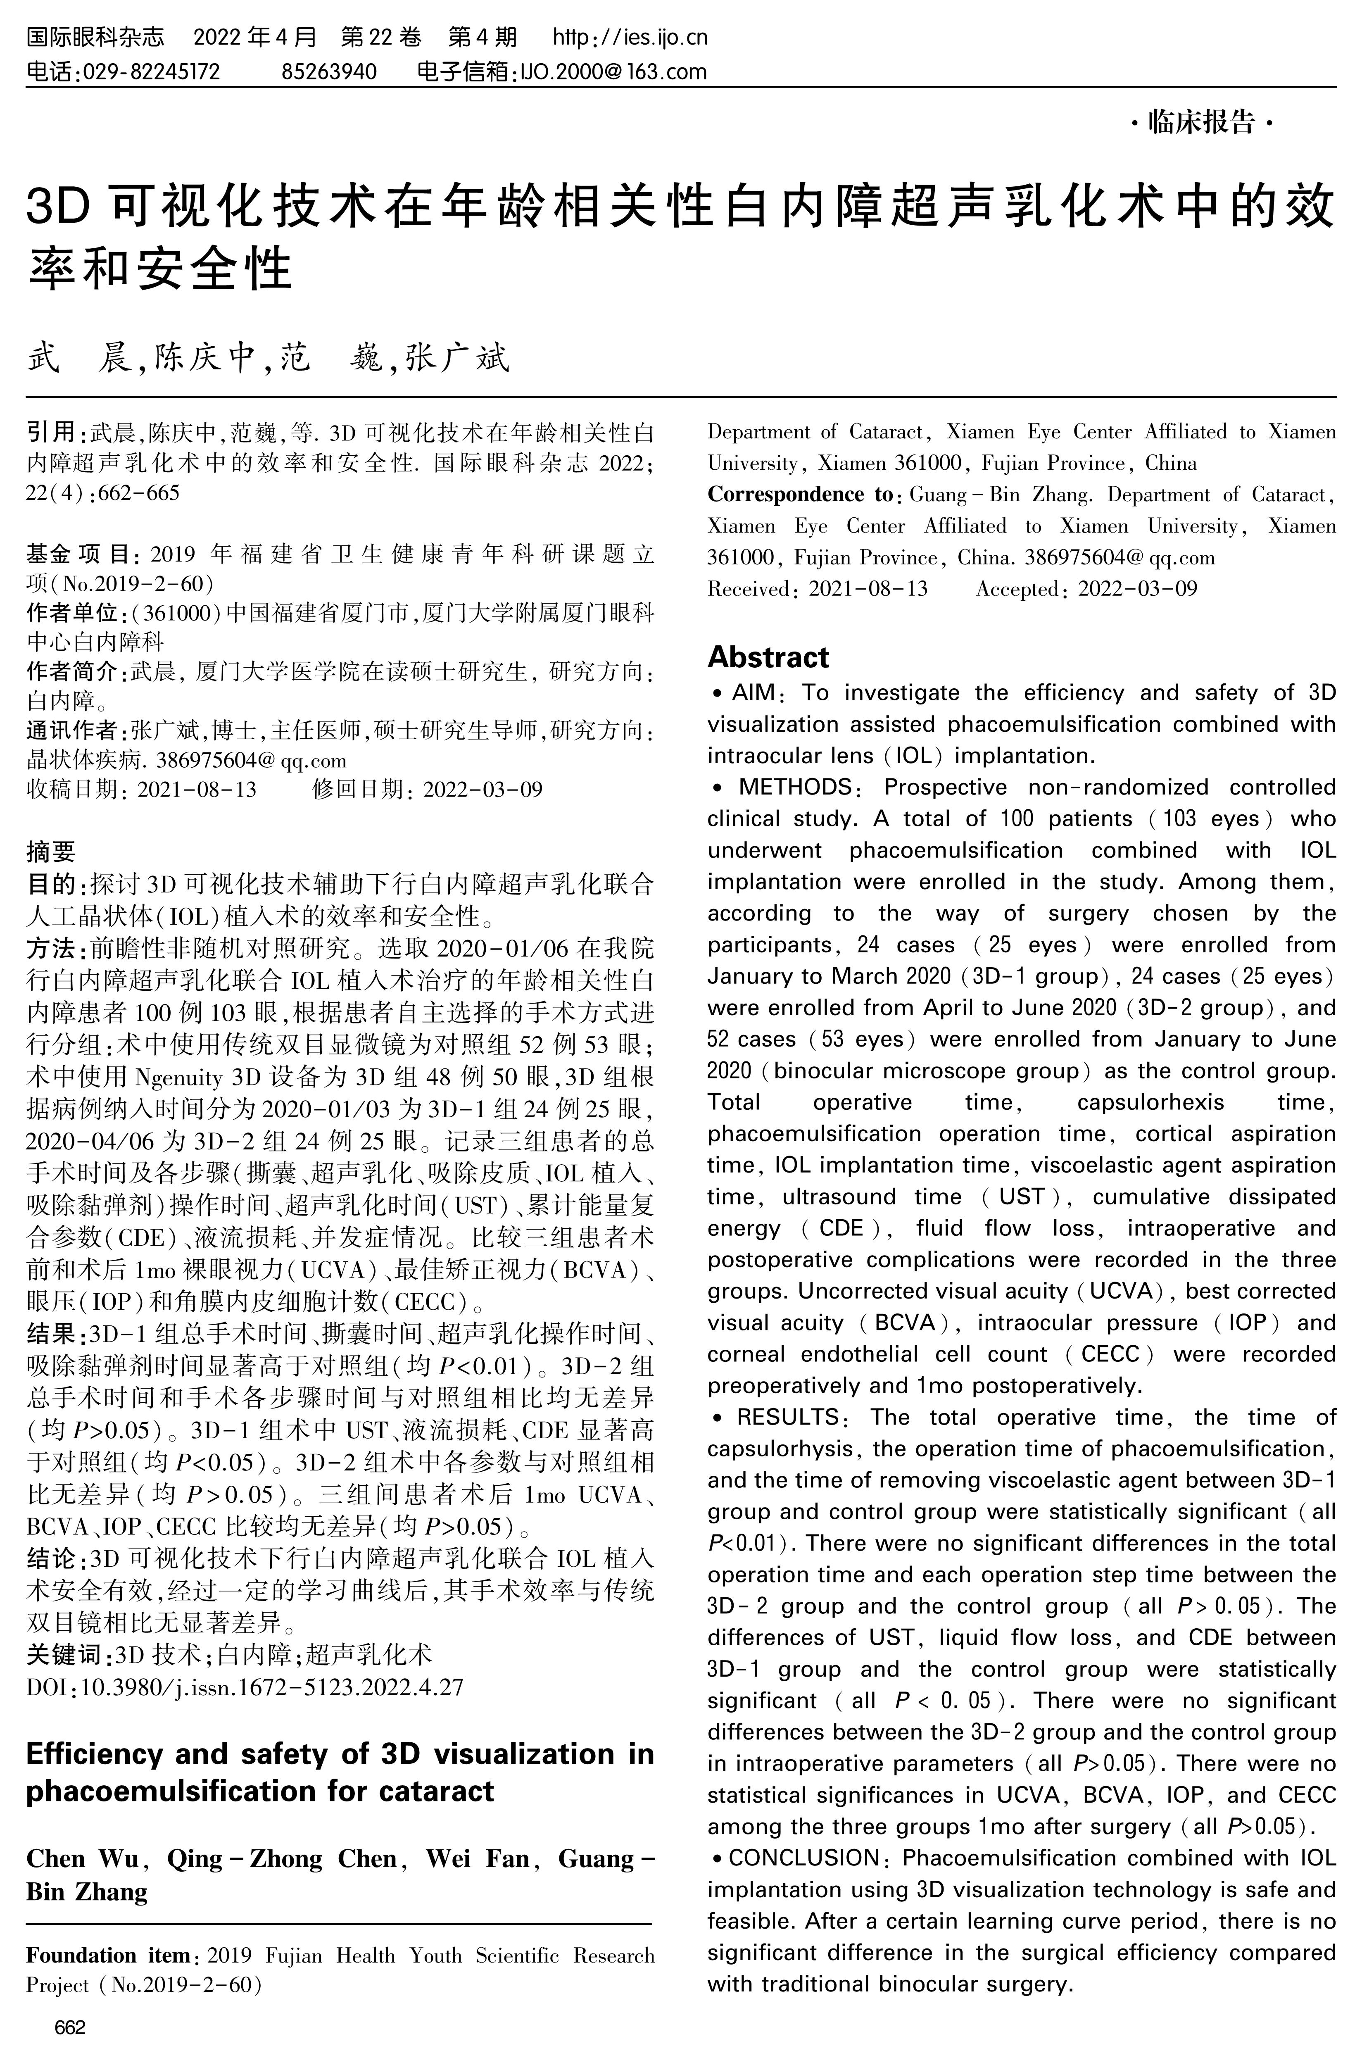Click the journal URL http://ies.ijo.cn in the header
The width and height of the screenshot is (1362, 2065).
(631, 37)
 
